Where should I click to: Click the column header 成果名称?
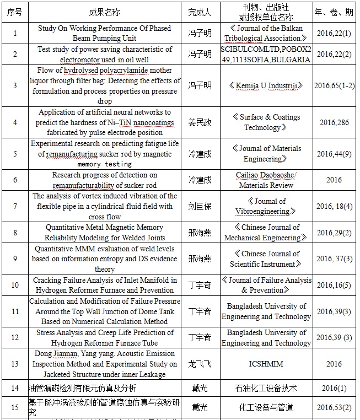pyautogui.click(x=104, y=12)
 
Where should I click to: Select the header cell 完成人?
pyautogui.click(x=200, y=12)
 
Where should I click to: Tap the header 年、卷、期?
pyautogui.click(x=334, y=12)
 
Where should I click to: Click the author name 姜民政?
pyautogui.click(x=200, y=122)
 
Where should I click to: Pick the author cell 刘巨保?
pyautogui.click(x=200, y=206)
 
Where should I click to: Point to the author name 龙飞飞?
pyautogui.click(x=200, y=364)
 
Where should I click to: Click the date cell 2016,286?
pyautogui.click(x=334, y=122)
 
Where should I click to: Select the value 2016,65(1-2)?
pyautogui.click(x=334, y=85)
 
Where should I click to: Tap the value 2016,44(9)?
pyautogui.click(x=334, y=154)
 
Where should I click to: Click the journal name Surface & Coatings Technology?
pyautogui.click(x=266, y=122)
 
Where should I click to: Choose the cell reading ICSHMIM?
pyautogui.click(x=266, y=364)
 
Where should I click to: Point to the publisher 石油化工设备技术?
pyautogui.click(x=266, y=388)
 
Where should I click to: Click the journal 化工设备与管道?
pyautogui.click(x=266, y=407)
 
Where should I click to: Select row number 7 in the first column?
pyautogui.click(x=15, y=206)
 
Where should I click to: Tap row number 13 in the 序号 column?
pyautogui.click(x=15, y=364)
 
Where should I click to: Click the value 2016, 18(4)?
pyautogui.click(x=334, y=206)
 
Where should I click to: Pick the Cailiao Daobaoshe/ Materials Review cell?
pyautogui.click(x=266, y=180)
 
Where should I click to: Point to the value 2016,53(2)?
pyautogui.click(x=334, y=407)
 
